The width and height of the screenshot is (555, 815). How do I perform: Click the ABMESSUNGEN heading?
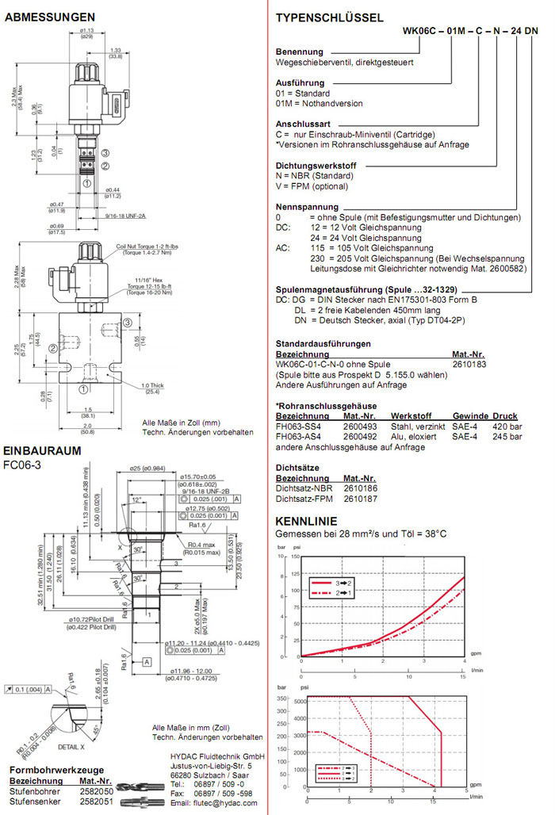[x=49, y=17]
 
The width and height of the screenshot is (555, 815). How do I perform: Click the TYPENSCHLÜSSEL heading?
[x=329, y=17]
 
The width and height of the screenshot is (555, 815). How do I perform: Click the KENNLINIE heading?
[x=305, y=521]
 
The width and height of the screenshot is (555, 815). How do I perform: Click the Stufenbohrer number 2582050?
[x=96, y=791]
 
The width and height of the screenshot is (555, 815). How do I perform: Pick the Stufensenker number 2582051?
[x=96, y=802]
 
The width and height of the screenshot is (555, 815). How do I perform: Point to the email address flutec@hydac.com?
[x=213, y=802]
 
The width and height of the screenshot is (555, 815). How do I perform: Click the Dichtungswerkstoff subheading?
[x=316, y=165]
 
